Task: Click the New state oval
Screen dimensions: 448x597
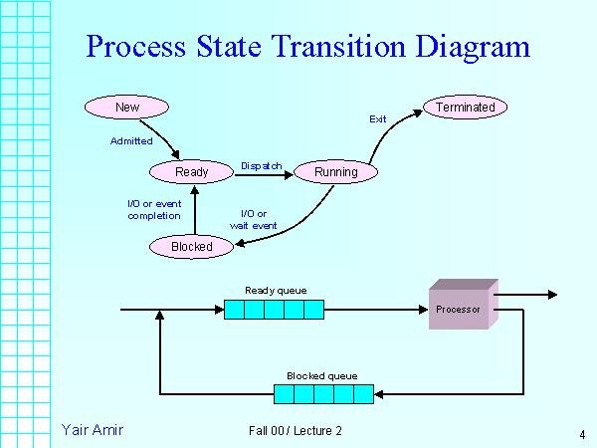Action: tap(126, 107)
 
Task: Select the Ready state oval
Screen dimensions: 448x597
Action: tap(192, 172)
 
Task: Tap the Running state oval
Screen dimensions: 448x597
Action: tap(335, 172)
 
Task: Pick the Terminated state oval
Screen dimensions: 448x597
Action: tap(466, 107)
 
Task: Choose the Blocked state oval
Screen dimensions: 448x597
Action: tap(192, 246)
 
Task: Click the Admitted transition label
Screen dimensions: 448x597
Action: tap(131, 140)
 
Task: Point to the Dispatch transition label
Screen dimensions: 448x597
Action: tap(262, 165)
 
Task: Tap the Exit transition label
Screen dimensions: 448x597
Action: tap(378, 119)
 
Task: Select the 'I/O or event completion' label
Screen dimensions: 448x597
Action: tap(153, 210)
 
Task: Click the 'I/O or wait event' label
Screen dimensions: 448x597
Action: tap(253, 219)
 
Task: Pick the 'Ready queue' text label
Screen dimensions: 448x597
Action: tap(276, 291)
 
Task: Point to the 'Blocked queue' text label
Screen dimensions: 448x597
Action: tap(321, 375)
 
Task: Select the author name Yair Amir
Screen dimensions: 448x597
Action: tap(92, 430)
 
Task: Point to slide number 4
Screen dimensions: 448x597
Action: tap(581, 434)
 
